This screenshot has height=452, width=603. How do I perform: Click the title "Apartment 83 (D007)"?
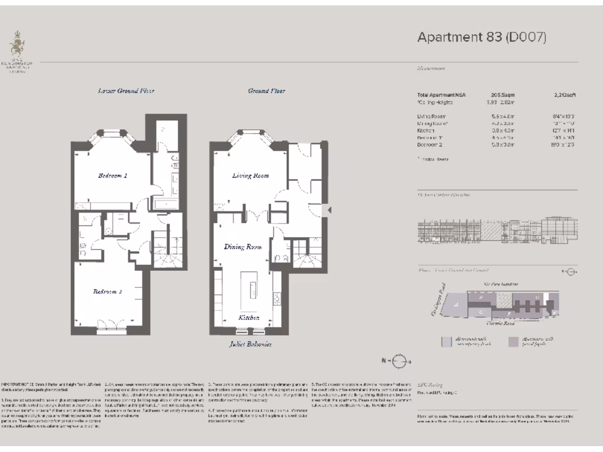[482, 37]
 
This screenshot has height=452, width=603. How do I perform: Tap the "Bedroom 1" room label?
[112, 175]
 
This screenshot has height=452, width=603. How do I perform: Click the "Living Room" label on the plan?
[250, 175]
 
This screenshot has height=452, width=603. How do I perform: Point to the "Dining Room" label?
[242, 247]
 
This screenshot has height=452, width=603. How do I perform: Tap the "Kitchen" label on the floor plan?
[249, 317]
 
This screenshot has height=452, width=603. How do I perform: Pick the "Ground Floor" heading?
[267, 91]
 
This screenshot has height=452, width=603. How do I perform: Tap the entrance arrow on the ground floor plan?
[330, 210]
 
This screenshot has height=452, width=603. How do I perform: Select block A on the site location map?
[456, 304]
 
